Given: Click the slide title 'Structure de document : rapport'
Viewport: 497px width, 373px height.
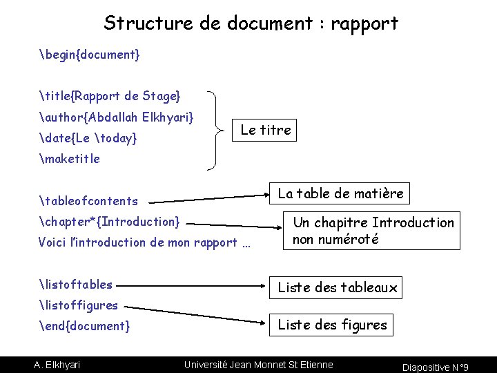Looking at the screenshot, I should tap(251, 23).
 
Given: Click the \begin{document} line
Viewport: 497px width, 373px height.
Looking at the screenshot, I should tap(90, 54).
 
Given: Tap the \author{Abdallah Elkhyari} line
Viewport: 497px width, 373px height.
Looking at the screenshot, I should tap(116, 117).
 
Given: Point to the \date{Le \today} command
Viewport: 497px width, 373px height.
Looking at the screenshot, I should tap(88, 139).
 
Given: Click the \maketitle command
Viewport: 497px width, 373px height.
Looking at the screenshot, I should tap(70, 159).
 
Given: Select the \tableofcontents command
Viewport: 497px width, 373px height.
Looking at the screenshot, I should tap(88, 202).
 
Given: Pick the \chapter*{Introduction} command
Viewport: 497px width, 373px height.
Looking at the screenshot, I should tap(110, 222).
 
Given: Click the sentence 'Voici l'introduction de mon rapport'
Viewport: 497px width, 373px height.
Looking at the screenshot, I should tap(144, 242).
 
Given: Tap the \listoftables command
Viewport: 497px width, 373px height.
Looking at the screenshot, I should tap(76, 284).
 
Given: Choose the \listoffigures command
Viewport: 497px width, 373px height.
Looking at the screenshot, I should tap(79, 305).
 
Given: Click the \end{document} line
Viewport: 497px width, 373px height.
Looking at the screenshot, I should tap(84, 325).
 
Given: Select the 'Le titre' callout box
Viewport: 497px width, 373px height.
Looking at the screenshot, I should tap(266, 130).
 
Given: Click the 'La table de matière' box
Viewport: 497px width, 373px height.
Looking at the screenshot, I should tap(340, 193).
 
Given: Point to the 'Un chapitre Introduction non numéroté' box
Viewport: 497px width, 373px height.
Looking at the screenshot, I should tap(372, 231).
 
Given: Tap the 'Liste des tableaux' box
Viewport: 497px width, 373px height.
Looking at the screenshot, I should tap(338, 288).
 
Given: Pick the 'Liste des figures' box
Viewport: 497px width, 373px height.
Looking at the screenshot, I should tap(333, 325).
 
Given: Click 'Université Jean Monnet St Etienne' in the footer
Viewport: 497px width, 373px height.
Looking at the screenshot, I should tap(258, 364).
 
